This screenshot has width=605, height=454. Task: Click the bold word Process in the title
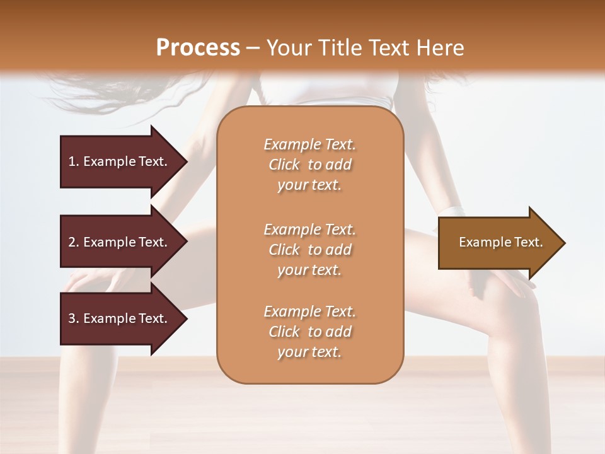pyautogui.click(x=198, y=48)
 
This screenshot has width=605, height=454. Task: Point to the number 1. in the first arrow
pyautogui.click(x=74, y=162)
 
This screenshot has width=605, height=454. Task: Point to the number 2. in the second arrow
pyautogui.click(x=74, y=243)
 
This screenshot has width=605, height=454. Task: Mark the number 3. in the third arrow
pyautogui.click(x=74, y=319)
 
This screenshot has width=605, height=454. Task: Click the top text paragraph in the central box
pyautogui.click(x=309, y=165)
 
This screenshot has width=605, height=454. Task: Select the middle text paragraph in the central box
pyautogui.click(x=309, y=249)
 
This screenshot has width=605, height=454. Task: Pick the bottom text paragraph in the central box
pyautogui.click(x=309, y=332)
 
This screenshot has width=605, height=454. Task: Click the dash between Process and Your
pyautogui.click(x=253, y=49)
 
